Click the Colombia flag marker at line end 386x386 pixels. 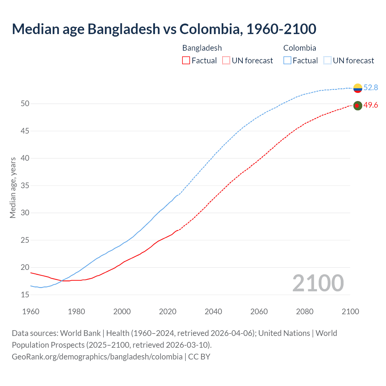[x=358, y=88]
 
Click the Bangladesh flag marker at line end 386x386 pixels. [x=357, y=106]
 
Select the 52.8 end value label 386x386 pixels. [x=371, y=87]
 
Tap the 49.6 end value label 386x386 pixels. [x=371, y=105]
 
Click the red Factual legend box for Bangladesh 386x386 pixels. [x=186, y=61]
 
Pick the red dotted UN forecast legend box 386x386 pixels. [x=226, y=61]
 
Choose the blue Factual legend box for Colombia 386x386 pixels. [x=287, y=61]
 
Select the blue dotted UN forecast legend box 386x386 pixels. [x=327, y=61]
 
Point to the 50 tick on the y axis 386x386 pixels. [x=25, y=104]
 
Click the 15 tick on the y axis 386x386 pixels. [x=25, y=295]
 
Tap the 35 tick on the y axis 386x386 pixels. [x=25, y=185]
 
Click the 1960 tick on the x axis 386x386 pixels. [x=31, y=312]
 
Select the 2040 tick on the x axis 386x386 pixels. [x=213, y=312]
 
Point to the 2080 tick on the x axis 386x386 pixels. [x=305, y=312]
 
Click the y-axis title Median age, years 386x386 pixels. [x=13, y=188]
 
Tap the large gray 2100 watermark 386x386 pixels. [x=318, y=283]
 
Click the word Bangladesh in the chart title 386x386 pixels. [x=124, y=29]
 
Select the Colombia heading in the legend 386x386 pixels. [x=299, y=48]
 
